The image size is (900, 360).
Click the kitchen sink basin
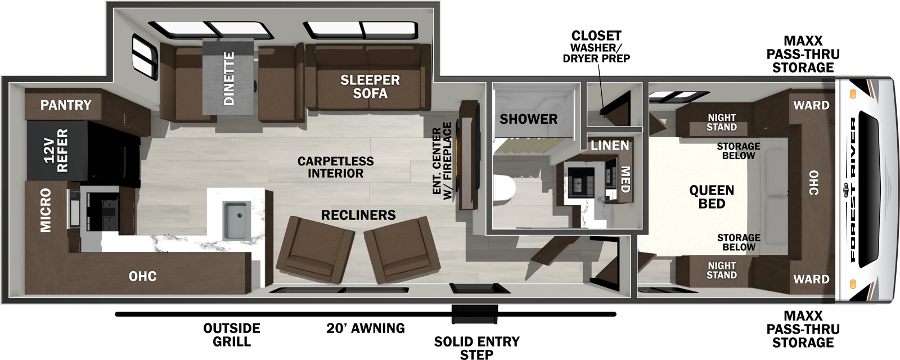(x=236, y=220)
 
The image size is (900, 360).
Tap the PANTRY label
(x=66, y=105)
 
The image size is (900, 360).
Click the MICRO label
(x=46, y=210)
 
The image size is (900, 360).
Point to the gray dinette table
(x=229, y=79)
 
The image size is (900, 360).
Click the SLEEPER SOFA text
(x=370, y=87)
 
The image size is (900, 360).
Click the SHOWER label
(x=528, y=119)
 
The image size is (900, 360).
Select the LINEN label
(x=610, y=145)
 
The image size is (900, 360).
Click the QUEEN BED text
(x=712, y=196)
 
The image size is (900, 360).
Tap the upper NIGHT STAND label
(x=722, y=122)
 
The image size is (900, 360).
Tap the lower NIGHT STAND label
(x=722, y=270)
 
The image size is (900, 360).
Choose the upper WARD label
(x=811, y=105)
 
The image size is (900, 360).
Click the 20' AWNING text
(x=365, y=328)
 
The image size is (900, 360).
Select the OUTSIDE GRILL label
(x=232, y=335)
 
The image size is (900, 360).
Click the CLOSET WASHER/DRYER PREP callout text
(x=596, y=47)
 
